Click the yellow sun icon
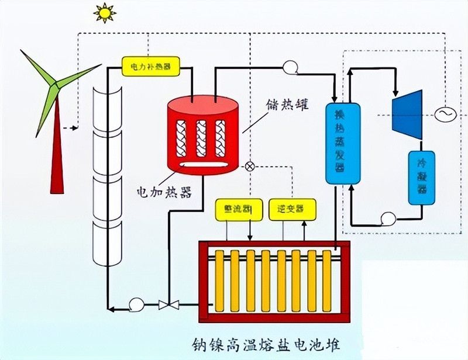pyautogui.click(x=105, y=12)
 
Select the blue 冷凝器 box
pyautogui.click(x=421, y=178)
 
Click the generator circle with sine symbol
pyautogui.click(x=444, y=113)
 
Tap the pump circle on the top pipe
pyautogui.click(x=290, y=67)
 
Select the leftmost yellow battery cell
pyautogui.click(x=220, y=281)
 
